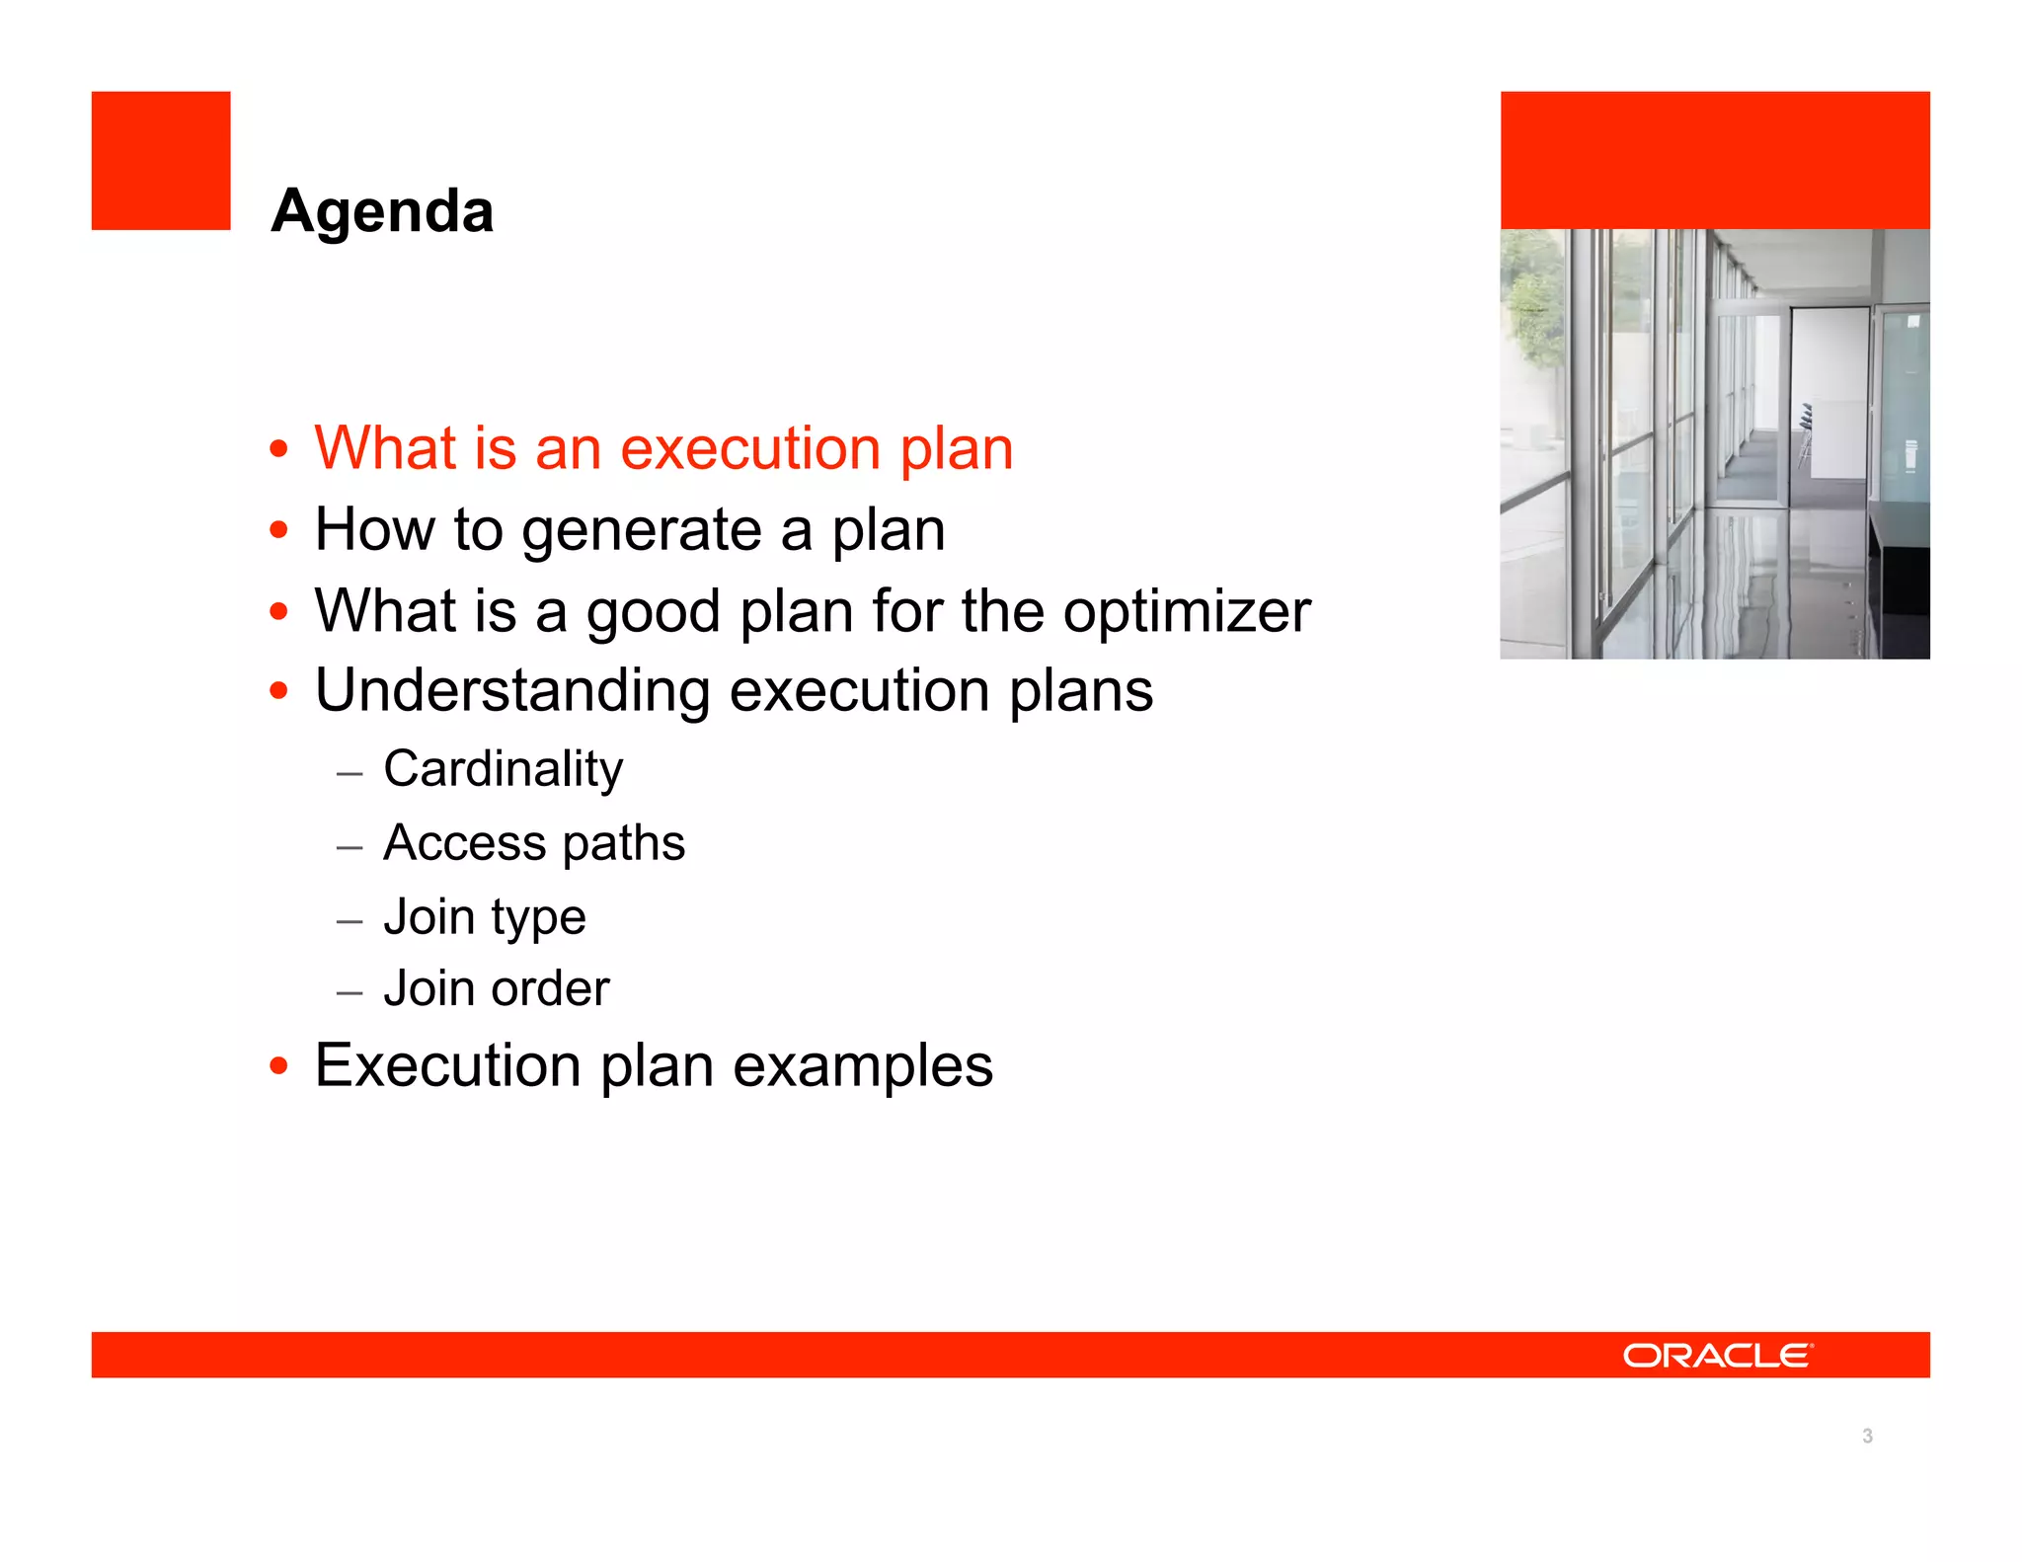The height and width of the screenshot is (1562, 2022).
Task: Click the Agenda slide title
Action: [382, 211]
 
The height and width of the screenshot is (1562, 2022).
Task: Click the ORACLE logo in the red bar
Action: [1717, 1356]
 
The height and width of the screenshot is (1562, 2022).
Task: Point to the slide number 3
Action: [1867, 1436]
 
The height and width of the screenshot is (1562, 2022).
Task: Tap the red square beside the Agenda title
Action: [161, 161]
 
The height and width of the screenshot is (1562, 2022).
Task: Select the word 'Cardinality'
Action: [503, 769]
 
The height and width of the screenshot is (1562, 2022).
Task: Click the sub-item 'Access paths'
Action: [533, 843]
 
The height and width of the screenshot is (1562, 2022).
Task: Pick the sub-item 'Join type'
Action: [484, 917]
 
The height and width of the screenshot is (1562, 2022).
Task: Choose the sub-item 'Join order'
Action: [496, 988]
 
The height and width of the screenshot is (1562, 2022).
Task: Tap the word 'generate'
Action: [641, 531]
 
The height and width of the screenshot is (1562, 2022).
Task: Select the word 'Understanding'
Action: [512, 690]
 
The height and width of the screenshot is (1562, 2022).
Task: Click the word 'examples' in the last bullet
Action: [862, 1066]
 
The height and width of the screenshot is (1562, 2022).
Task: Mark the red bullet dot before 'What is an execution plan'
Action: [279, 449]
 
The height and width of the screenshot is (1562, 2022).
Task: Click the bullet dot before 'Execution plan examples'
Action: [279, 1066]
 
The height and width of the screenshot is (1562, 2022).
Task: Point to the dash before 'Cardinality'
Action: [350, 773]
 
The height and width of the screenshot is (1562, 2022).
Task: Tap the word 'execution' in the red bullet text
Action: [749, 449]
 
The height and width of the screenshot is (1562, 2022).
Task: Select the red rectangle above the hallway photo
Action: [1715, 160]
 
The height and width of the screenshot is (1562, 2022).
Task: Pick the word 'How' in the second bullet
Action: [374, 530]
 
